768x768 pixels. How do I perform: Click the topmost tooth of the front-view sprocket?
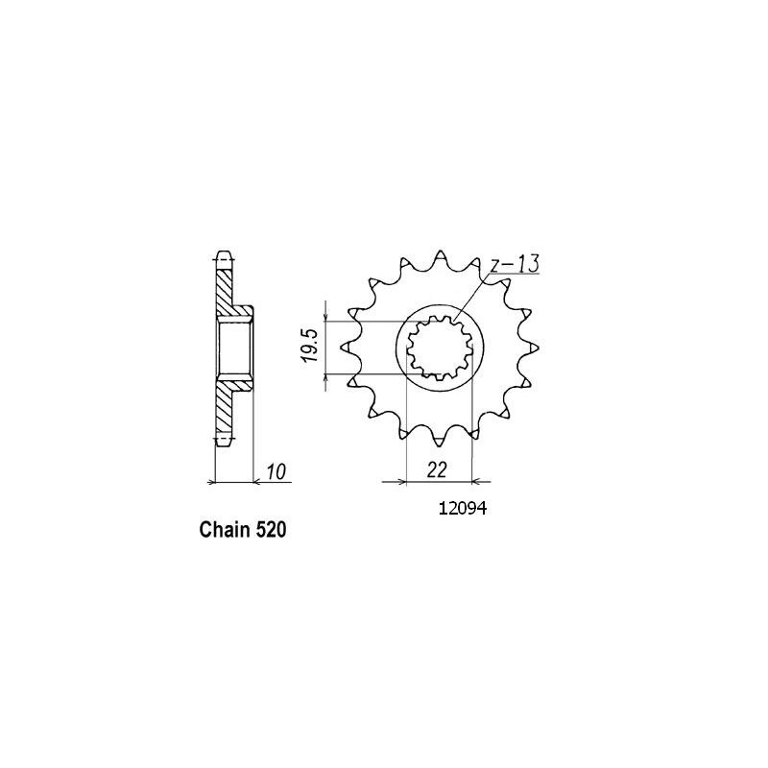[440, 257]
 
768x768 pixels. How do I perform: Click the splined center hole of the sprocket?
[440, 349]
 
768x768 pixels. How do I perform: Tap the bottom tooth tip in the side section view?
[223, 442]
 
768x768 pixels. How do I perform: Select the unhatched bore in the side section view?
[235, 349]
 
